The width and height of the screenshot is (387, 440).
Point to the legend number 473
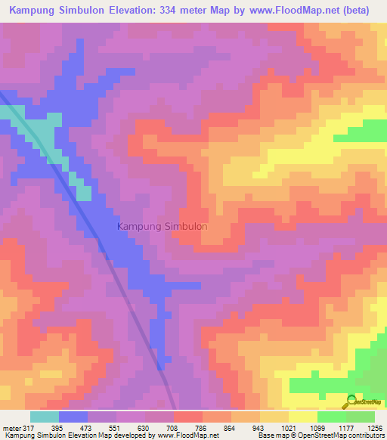coord(87,427)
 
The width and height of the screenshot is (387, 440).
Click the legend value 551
coord(116,427)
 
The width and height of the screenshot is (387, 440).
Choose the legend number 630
coord(144,427)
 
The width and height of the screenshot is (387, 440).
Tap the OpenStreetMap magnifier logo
coord(351,401)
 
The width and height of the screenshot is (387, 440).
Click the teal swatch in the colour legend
coord(45,417)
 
